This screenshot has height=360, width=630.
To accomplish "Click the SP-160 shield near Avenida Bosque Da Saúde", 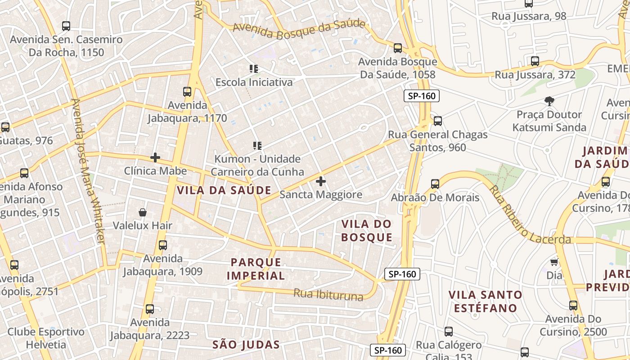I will pyautogui.click(x=421, y=95).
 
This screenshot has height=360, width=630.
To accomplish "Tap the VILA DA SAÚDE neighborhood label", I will pyautogui.click(x=224, y=190).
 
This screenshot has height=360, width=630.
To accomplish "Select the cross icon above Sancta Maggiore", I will pyautogui.click(x=321, y=182).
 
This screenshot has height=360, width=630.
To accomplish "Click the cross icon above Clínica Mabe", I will pyautogui.click(x=155, y=157).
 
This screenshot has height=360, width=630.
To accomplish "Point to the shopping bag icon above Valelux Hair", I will pyautogui.click(x=143, y=212).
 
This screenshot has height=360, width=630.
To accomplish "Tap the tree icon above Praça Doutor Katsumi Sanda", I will pyautogui.click(x=549, y=101).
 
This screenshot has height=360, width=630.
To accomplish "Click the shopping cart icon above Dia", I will pyautogui.click(x=554, y=262).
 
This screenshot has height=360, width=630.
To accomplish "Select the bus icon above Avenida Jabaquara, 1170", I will pyautogui.click(x=187, y=92).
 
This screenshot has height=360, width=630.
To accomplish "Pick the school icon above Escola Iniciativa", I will pyautogui.click(x=254, y=69).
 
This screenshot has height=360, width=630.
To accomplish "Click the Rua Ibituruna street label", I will pyautogui.click(x=328, y=295).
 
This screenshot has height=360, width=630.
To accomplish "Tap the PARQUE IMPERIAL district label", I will pyautogui.click(x=256, y=269).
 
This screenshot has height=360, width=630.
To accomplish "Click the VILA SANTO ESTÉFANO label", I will pyautogui.click(x=485, y=301).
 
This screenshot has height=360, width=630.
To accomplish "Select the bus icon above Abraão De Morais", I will pyautogui.click(x=435, y=184).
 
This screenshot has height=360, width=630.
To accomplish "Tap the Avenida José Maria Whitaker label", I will pyautogui.click(x=88, y=171).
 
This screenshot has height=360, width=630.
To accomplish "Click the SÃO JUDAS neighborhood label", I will pyautogui.click(x=246, y=345).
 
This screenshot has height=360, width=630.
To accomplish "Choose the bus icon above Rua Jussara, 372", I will pyautogui.click(x=535, y=61).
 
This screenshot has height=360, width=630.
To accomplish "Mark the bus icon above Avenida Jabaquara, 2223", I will pyautogui.click(x=150, y=309).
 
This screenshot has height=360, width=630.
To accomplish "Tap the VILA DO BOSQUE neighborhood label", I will pyautogui.click(x=366, y=230).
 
